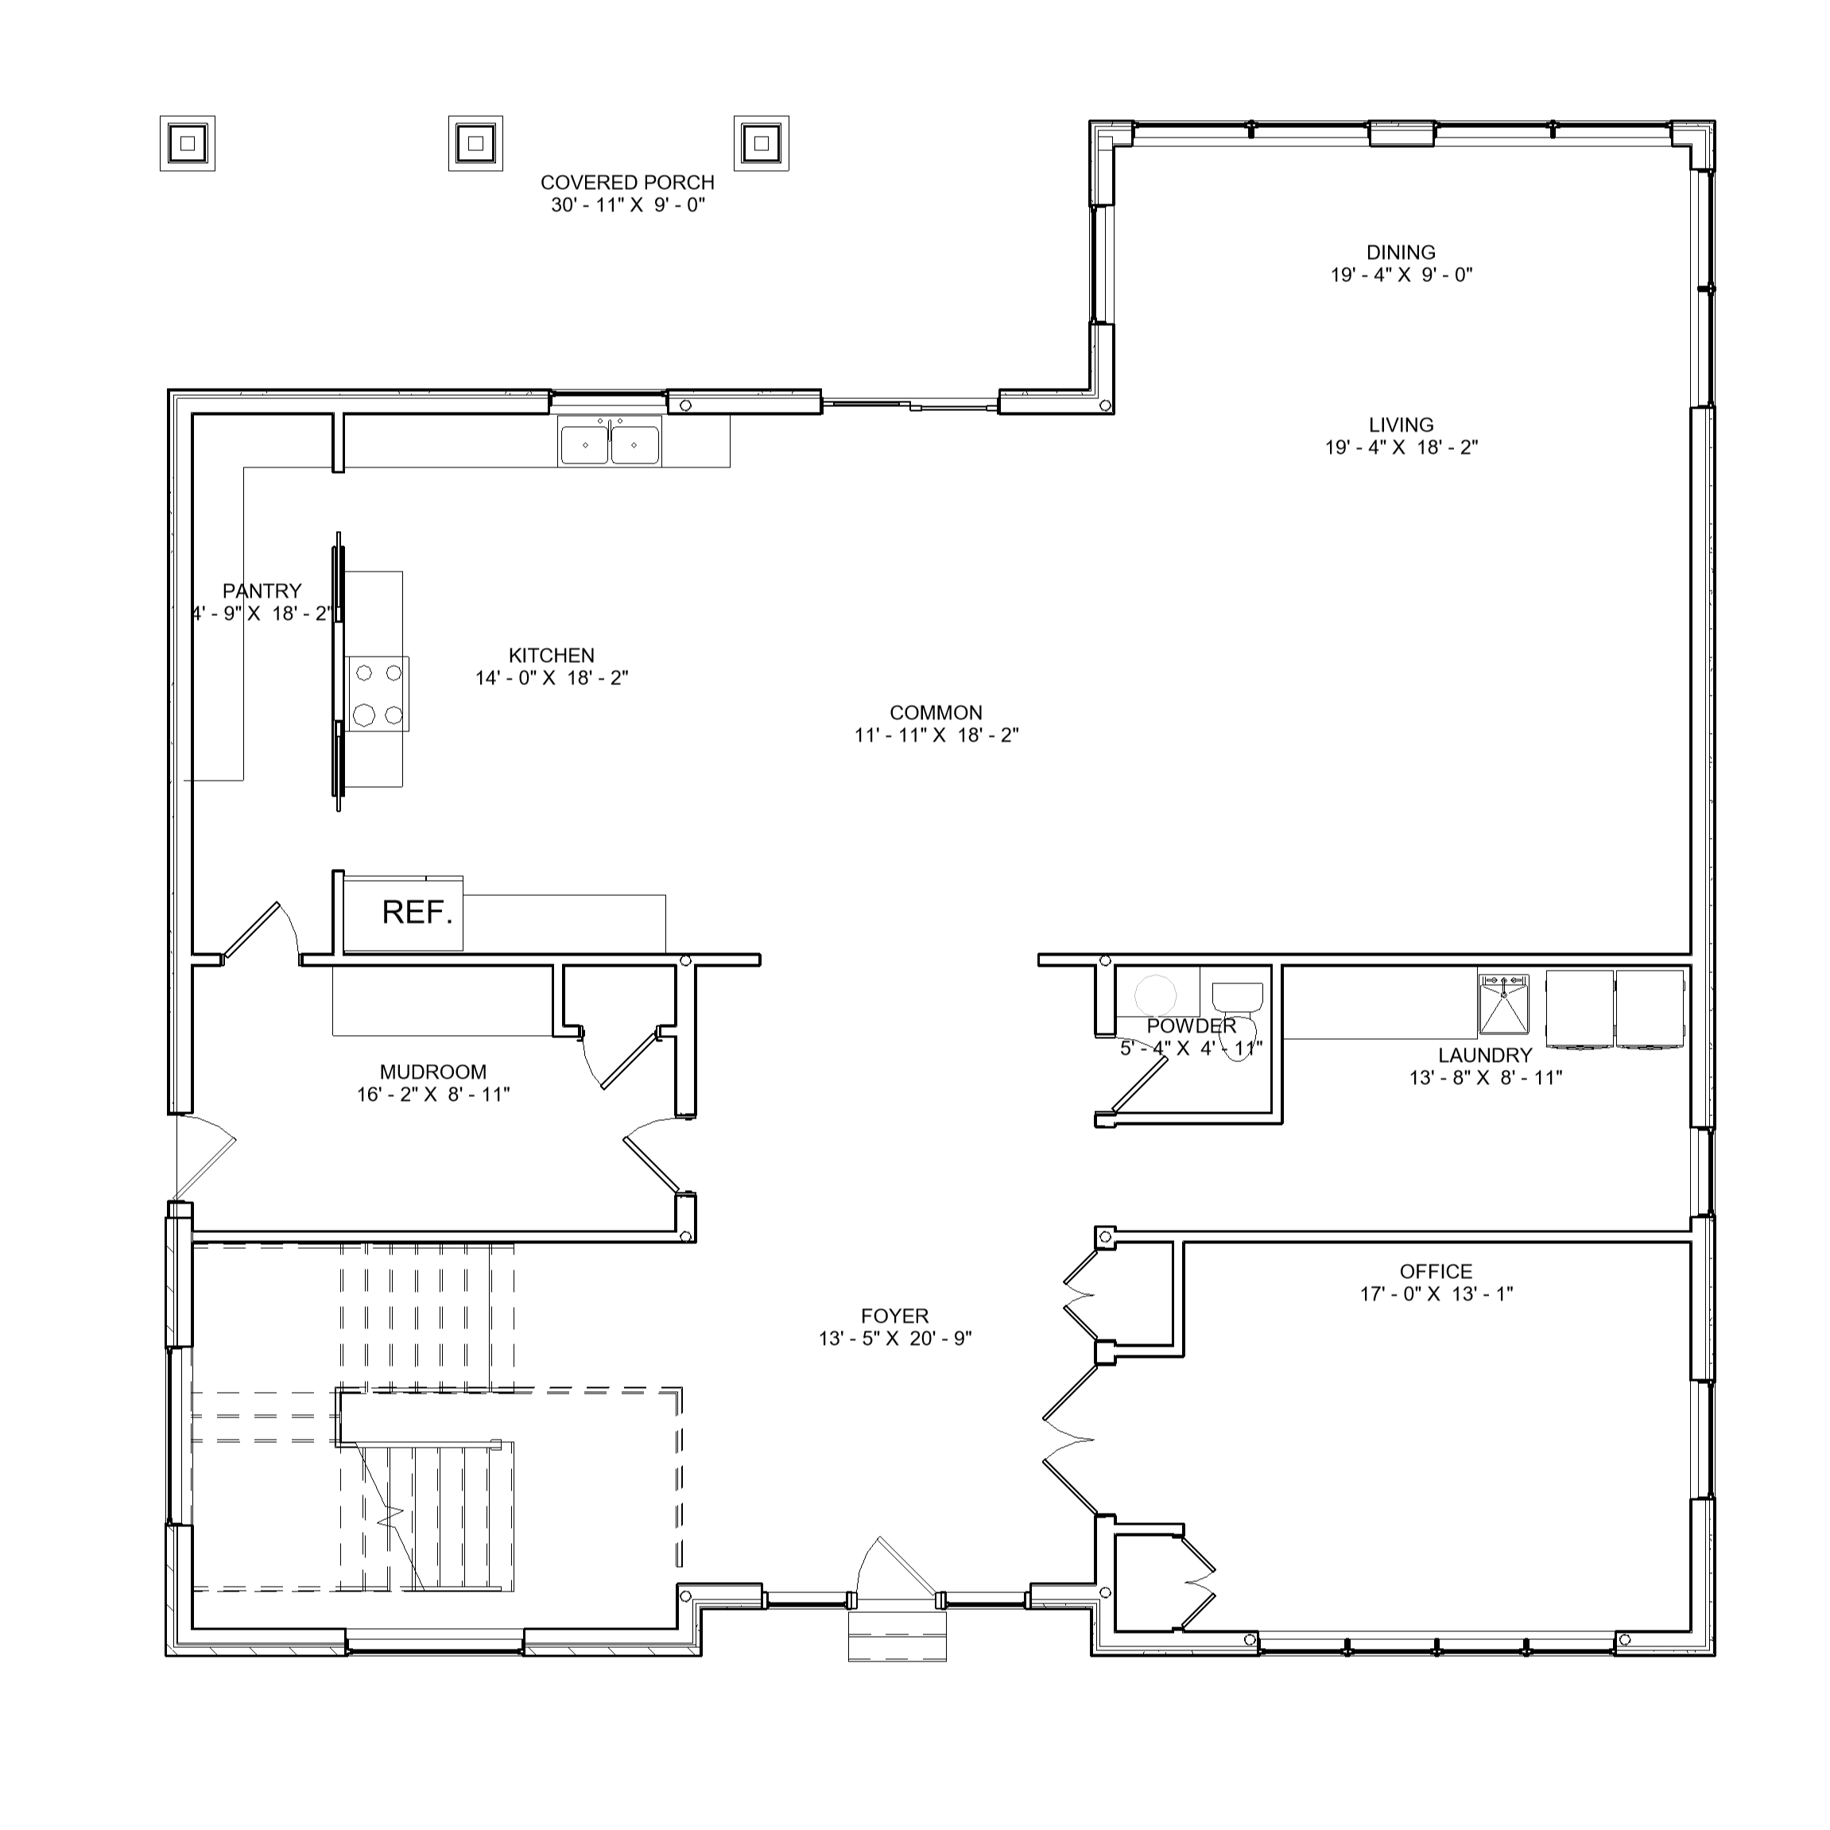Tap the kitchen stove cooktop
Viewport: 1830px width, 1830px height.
(378, 694)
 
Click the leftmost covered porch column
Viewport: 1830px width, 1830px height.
(188, 144)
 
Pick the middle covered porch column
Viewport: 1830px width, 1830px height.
(475, 144)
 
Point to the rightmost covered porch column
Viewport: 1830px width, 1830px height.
(762, 144)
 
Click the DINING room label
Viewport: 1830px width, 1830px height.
(1401, 253)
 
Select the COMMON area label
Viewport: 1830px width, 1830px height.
(936, 713)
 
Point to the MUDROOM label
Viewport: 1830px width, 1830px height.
(433, 1072)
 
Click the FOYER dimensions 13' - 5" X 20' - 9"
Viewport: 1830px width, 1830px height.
(895, 1340)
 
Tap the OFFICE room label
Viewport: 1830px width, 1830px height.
(1436, 1272)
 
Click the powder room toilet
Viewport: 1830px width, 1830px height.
(1238, 1014)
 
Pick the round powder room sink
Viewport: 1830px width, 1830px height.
(1157, 995)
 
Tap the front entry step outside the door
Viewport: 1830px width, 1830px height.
(897, 1636)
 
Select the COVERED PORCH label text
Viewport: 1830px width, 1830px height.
(627, 183)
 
